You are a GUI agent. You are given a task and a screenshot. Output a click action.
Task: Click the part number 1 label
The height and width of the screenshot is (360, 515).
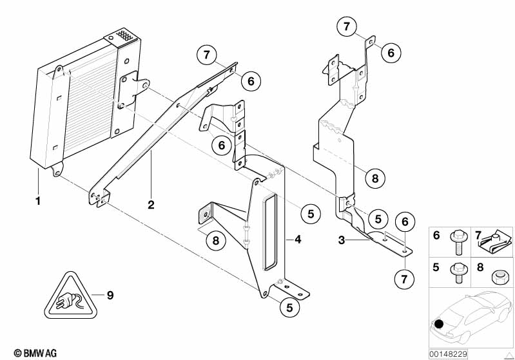[38, 200]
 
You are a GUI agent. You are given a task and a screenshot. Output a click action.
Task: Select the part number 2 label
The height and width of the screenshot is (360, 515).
[151, 205]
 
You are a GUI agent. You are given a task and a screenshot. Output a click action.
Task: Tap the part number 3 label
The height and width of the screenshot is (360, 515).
[342, 240]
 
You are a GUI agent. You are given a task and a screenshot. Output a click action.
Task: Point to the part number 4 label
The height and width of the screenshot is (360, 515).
[298, 239]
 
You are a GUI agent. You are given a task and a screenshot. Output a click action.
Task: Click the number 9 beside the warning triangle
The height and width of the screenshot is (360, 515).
[110, 296]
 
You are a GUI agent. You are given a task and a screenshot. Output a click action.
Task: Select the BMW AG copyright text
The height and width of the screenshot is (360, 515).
[35, 353]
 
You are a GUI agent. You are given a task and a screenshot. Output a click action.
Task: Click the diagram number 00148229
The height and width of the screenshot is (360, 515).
[448, 354]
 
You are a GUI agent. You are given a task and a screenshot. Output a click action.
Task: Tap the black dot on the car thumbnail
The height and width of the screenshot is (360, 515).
[439, 324]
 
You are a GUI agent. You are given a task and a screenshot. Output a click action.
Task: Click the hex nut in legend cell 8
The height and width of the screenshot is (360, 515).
[497, 277]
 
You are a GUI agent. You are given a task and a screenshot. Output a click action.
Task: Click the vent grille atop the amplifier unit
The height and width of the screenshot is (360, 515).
[124, 35]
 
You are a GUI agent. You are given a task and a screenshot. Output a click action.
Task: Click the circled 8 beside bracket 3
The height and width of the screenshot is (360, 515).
[375, 178]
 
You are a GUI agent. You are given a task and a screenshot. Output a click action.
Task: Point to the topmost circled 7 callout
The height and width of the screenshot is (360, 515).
[347, 26]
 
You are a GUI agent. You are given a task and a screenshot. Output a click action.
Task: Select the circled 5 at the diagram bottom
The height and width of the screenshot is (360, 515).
[289, 307]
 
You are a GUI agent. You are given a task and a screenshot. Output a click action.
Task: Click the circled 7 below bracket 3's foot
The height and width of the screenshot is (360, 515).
[404, 279]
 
